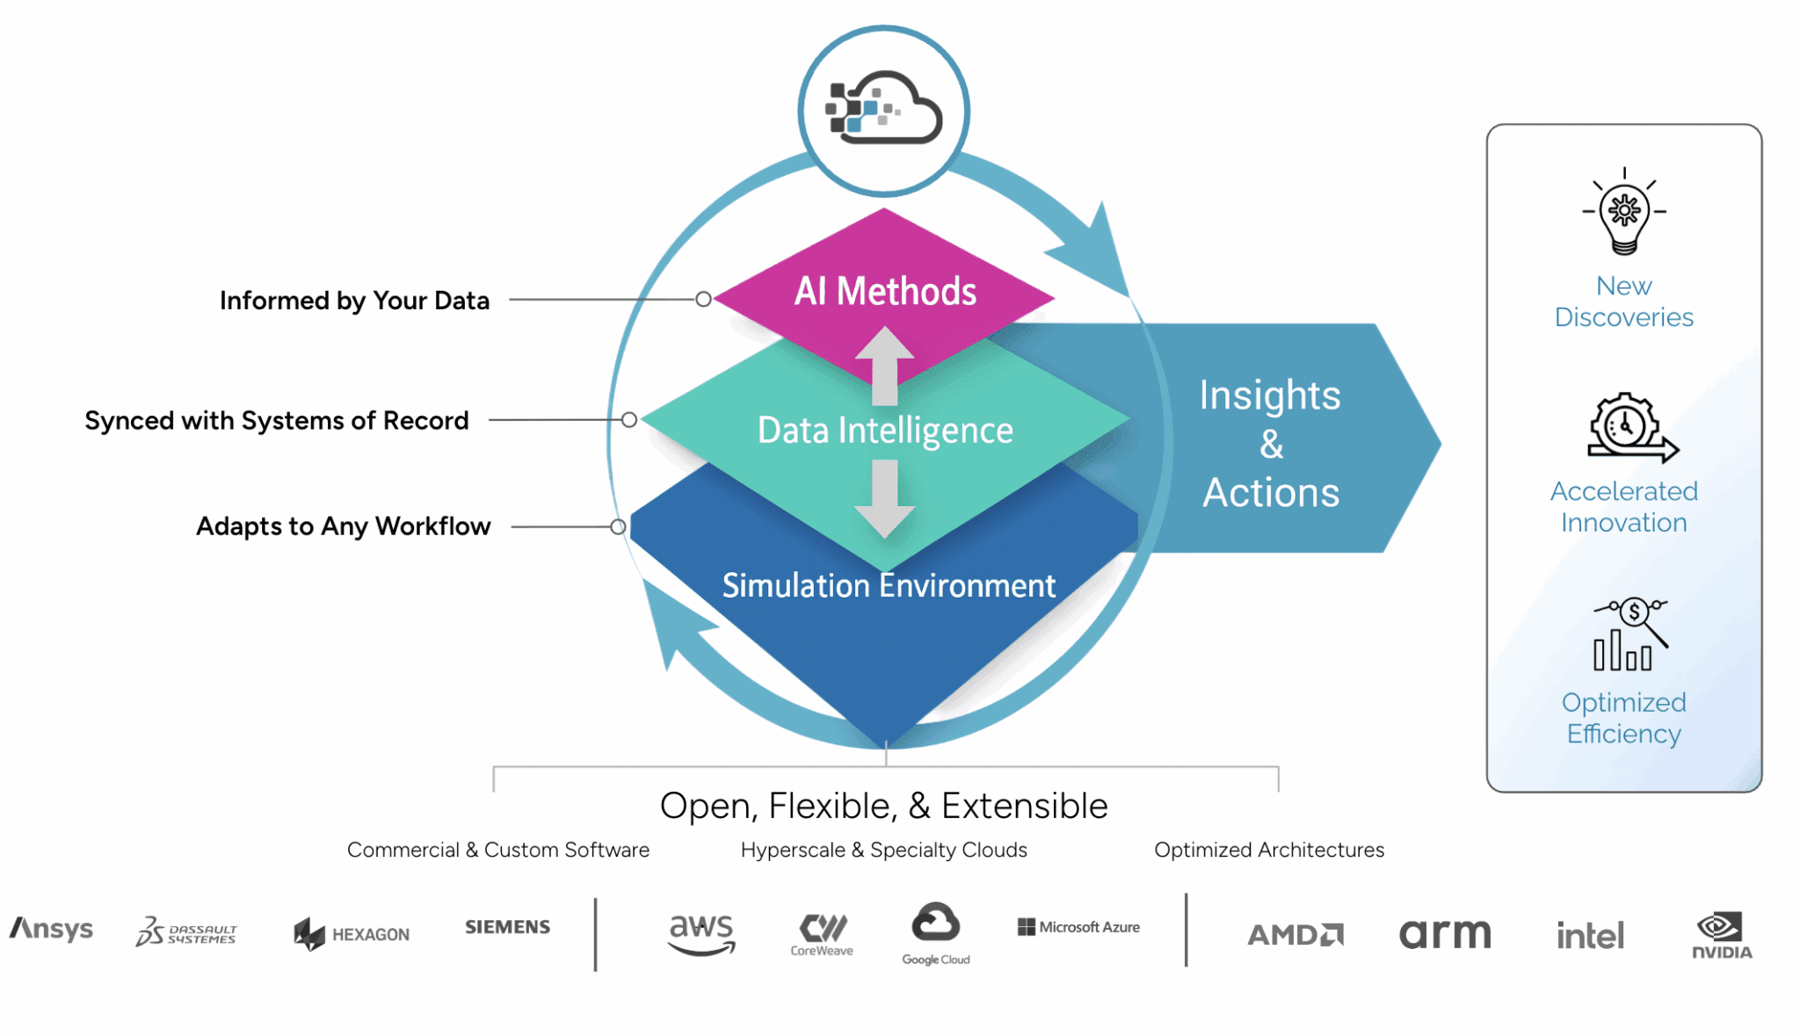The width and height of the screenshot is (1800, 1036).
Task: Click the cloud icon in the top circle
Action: point(883,110)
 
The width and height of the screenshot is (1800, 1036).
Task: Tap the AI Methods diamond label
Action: point(885,292)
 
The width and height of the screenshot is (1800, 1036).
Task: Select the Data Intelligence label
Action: point(885,431)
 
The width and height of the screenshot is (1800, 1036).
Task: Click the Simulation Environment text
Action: point(889,586)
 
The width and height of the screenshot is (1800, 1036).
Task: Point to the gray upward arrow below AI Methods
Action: point(885,362)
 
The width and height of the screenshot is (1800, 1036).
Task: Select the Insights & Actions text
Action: point(1270,444)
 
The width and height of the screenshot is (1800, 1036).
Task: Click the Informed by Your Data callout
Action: point(354,301)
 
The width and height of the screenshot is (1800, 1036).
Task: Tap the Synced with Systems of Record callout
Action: point(277,421)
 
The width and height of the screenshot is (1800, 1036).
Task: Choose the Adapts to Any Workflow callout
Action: point(344,526)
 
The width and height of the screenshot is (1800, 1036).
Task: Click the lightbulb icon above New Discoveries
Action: point(1624,212)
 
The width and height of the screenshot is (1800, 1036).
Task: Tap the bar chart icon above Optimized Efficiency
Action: point(1629,634)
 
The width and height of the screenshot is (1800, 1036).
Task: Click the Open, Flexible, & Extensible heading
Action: point(883,806)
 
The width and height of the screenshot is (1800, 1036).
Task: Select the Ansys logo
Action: point(51,929)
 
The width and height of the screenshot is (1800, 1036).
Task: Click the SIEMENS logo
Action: point(507,927)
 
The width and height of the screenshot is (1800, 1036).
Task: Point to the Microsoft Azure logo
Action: point(1078,927)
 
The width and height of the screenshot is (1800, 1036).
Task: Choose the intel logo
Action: point(1590,935)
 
